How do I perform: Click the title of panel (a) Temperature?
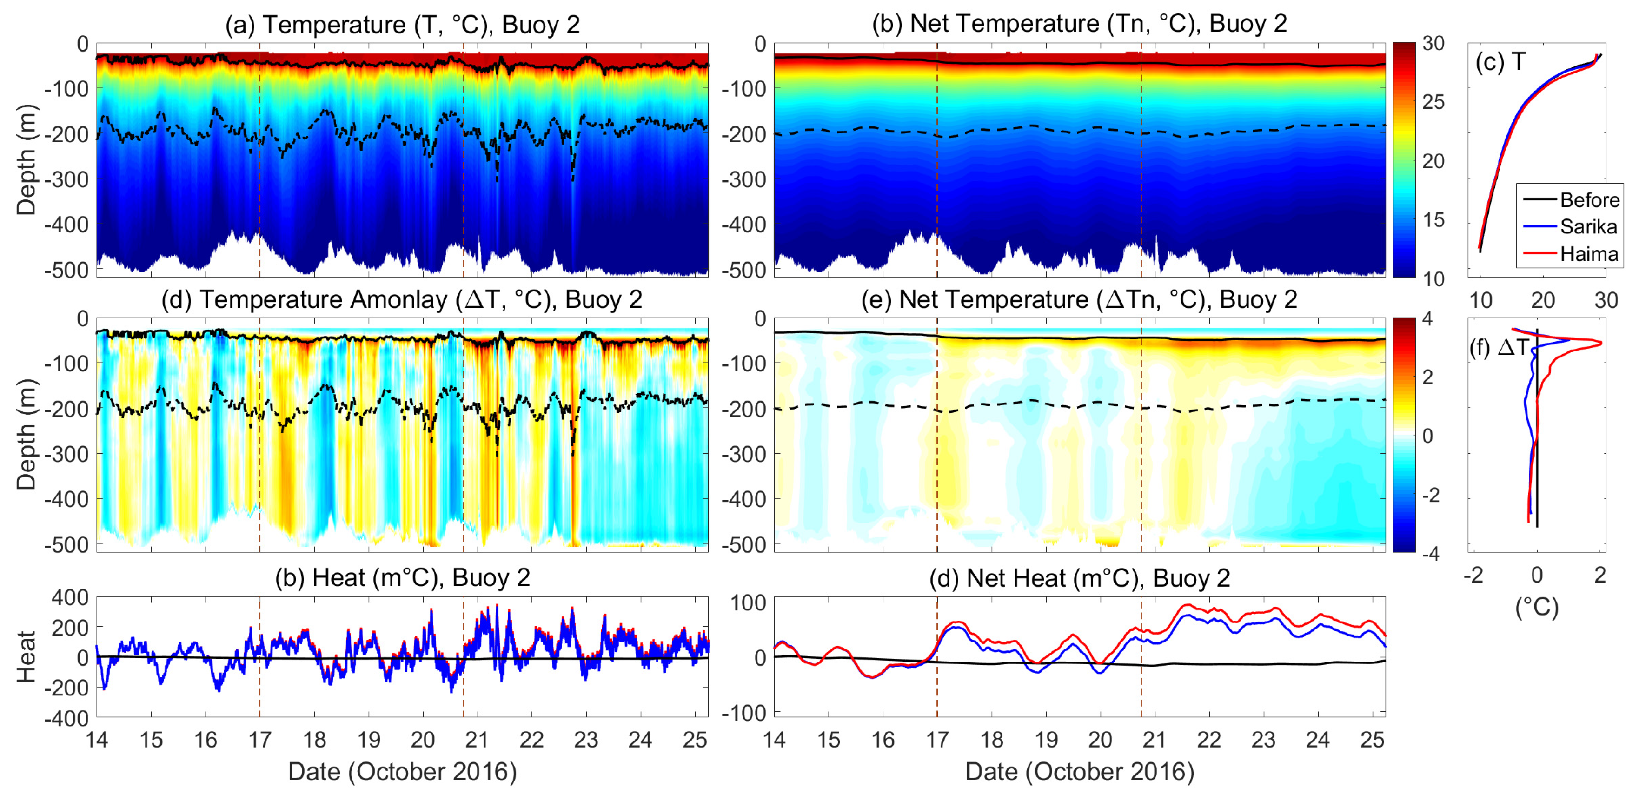(402, 25)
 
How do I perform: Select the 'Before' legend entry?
(1589, 200)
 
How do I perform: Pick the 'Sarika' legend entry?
(1588, 226)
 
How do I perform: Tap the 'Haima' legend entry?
(1589, 254)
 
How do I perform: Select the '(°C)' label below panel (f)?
(1537, 607)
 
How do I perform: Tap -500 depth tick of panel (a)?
(66, 270)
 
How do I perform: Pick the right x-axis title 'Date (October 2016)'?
(1079, 772)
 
